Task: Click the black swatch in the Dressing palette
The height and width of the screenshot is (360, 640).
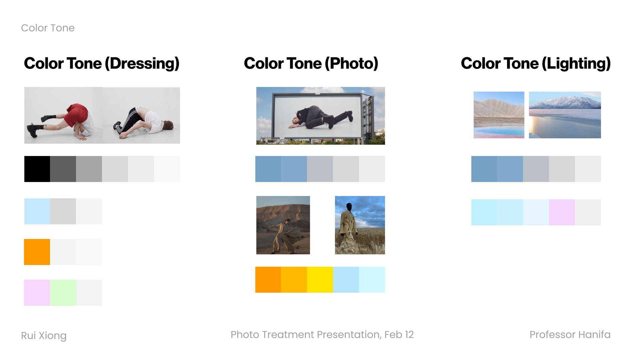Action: tap(37, 169)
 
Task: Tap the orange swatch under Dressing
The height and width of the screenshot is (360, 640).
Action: tap(37, 252)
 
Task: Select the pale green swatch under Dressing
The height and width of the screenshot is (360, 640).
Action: tap(63, 293)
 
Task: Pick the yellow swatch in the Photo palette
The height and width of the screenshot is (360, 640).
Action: tap(320, 280)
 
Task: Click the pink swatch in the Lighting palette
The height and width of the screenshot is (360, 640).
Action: tap(562, 212)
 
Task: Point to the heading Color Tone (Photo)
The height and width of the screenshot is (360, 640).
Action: tap(311, 63)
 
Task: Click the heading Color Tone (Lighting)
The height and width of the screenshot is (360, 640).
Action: tap(536, 63)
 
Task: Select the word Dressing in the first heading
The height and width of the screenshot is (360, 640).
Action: tap(144, 63)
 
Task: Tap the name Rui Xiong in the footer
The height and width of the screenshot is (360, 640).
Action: tap(44, 335)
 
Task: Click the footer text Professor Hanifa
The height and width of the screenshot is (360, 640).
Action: tap(570, 334)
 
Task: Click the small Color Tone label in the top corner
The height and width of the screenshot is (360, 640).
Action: tap(48, 28)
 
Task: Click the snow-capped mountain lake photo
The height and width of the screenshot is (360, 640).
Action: tap(565, 115)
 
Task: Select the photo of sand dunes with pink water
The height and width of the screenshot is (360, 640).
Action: tap(499, 115)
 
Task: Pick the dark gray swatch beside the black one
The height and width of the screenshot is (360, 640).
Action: tap(63, 169)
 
